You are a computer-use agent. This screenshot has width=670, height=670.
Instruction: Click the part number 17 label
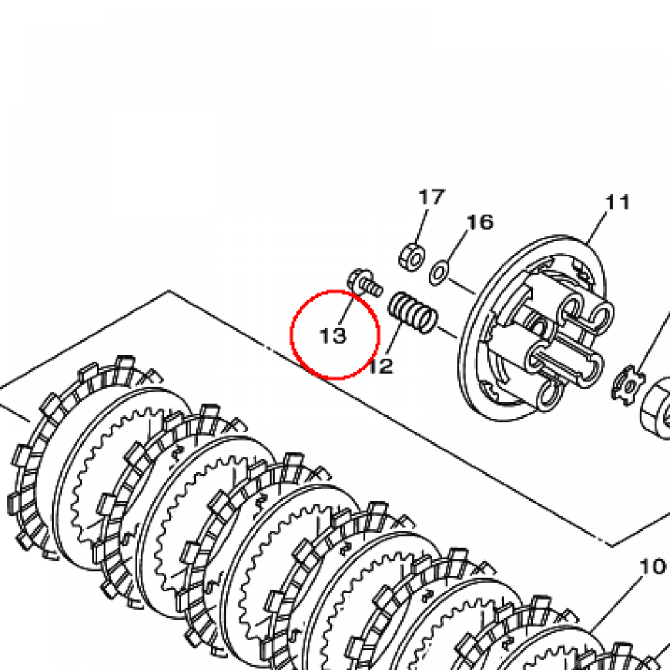(x=432, y=198)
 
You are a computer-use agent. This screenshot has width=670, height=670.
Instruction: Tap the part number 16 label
(x=480, y=222)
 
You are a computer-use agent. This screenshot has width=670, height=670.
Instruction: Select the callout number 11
(x=618, y=202)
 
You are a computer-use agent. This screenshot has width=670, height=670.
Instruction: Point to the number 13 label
(x=333, y=336)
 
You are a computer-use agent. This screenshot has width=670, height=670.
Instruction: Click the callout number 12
(x=380, y=366)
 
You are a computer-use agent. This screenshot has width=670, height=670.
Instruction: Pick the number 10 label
(x=653, y=567)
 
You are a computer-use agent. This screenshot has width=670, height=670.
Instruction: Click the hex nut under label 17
(x=412, y=256)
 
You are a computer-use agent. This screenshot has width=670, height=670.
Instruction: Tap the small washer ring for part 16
(x=439, y=272)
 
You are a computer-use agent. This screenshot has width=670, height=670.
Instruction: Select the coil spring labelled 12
(x=413, y=312)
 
